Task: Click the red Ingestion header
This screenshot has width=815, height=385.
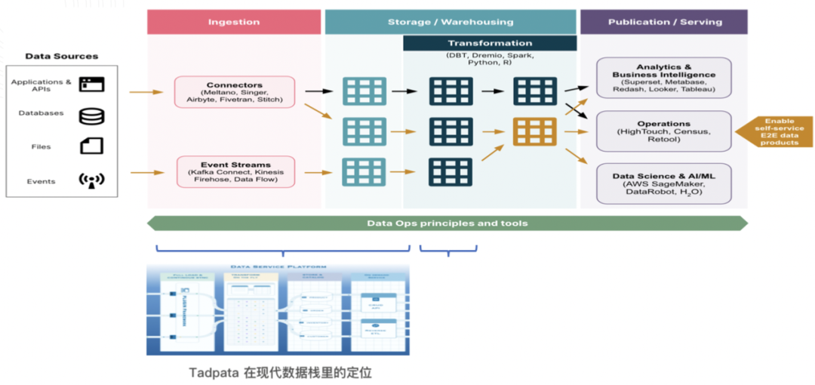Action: (233, 22)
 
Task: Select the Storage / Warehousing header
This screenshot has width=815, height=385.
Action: (450, 22)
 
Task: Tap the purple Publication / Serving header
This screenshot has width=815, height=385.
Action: (663, 22)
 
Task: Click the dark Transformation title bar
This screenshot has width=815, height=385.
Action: (490, 43)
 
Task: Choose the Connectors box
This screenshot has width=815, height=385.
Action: (234, 91)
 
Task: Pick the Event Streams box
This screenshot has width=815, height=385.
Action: (235, 171)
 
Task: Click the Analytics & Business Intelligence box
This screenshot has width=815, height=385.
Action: (664, 78)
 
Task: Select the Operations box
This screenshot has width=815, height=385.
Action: (664, 131)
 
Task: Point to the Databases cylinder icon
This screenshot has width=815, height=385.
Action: (91, 116)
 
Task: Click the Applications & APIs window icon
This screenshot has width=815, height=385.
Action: (91, 84)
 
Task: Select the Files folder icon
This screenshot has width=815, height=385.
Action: (91, 146)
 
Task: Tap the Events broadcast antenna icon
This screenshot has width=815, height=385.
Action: (91, 180)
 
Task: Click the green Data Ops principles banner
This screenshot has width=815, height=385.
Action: (447, 223)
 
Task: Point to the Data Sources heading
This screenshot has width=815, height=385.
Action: (61, 57)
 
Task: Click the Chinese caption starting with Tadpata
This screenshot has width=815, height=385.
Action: (280, 372)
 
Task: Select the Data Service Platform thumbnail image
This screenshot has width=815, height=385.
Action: (278, 310)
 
